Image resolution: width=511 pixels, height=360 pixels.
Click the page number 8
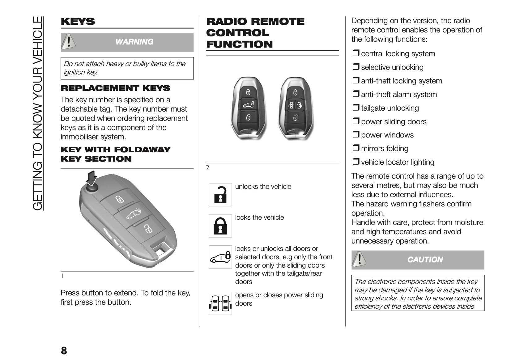64,351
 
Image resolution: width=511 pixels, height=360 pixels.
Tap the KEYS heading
78,22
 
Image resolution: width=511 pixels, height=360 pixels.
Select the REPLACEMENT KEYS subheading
115,88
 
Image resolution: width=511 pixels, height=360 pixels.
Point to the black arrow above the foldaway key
92,178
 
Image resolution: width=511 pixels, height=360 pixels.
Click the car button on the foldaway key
134,214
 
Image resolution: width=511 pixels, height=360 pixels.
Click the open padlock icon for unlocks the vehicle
220,195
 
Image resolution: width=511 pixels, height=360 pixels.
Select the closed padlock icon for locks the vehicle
220,226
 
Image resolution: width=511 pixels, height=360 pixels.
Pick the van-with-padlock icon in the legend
220,257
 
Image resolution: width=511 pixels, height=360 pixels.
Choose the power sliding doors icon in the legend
220,303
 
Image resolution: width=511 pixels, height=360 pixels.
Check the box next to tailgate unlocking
356,108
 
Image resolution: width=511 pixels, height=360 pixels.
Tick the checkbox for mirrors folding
356,148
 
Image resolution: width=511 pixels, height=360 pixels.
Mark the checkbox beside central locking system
356,53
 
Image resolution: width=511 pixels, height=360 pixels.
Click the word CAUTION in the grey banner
425,260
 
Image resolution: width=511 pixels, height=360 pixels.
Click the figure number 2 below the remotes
208,167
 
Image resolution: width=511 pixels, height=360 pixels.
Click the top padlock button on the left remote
249,92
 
